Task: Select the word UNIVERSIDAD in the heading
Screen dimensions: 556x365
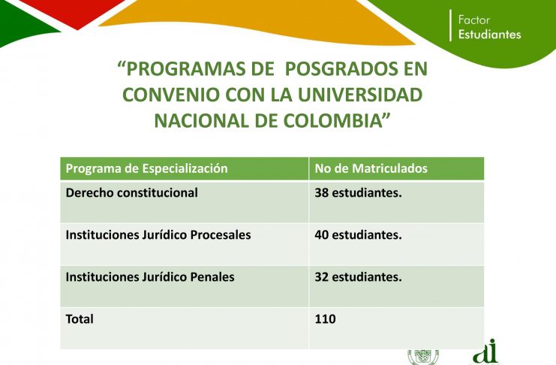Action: pyautogui.click(x=360, y=95)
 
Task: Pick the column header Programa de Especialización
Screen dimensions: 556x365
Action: pyautogui.click(x=147, y=168)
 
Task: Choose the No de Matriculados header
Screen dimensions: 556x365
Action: pyautogui.click(x=371, y=168)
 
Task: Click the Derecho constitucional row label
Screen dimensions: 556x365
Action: pyautogui.click(x=132, y=193)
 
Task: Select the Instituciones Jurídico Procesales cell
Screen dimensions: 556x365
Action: pyautogui.click(x=158, y=234)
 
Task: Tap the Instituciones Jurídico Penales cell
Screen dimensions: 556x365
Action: pyautogui.click(x=150, y=277)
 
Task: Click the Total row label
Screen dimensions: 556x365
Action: pyautogui.click(x=80, y=319)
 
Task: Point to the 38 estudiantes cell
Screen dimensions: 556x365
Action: pyautogui.click(x=358, y=193)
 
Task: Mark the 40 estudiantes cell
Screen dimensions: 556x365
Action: pyautogui.click(x=358, y=234)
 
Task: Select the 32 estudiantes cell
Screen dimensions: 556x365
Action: pyautogui.click(x=358, y=277)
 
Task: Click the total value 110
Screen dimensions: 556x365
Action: pyautogui.click(x=325, y=319)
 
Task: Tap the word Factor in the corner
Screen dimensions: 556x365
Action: pyautogui.click(x=474, y=20)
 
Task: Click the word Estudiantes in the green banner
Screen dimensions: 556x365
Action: pyautogui.click(x=490, y=35)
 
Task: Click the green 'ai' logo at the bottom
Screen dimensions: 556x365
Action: pyautogui.click(x=486, y=351)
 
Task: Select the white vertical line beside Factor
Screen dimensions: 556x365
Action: pyautogui.click(x=451, y=26)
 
